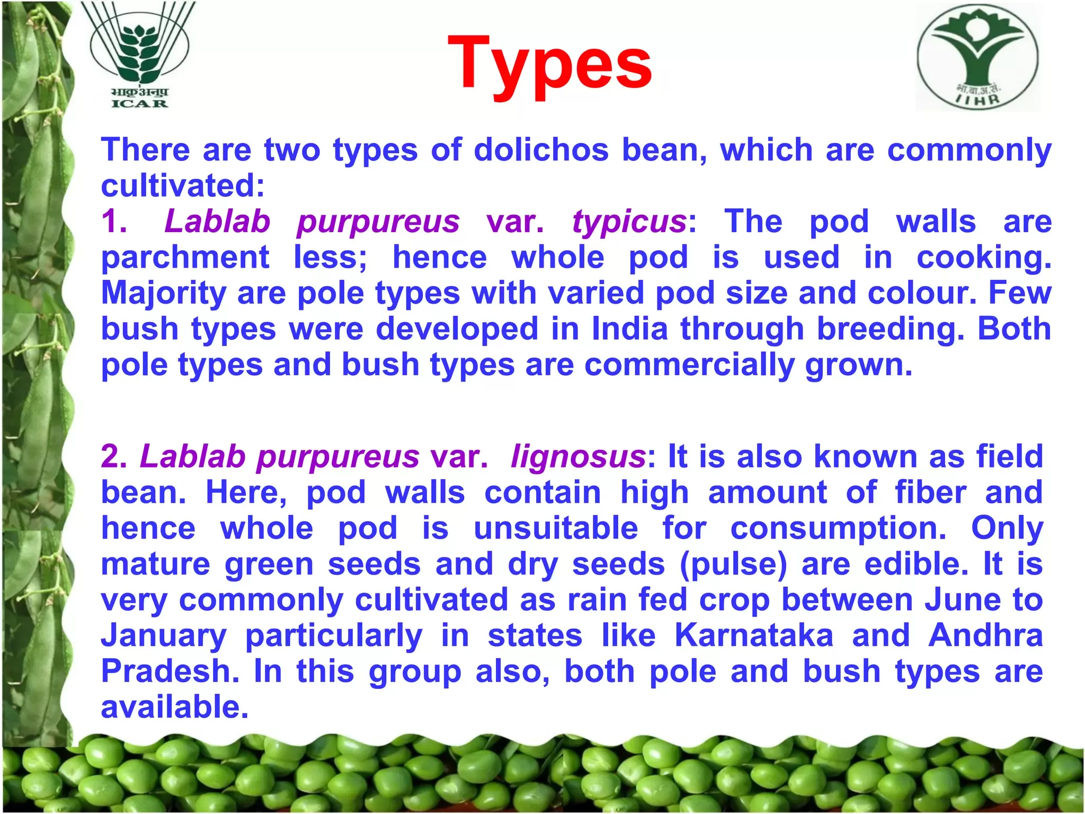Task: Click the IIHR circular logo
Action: click(978, 57)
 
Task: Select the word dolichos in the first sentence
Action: click(541, 149)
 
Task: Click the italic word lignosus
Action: click(578, 456)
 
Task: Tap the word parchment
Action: click(185, 258)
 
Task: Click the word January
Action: click(164, 636)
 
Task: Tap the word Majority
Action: click(164, 294)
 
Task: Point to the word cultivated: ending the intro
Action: click(183, 185)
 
